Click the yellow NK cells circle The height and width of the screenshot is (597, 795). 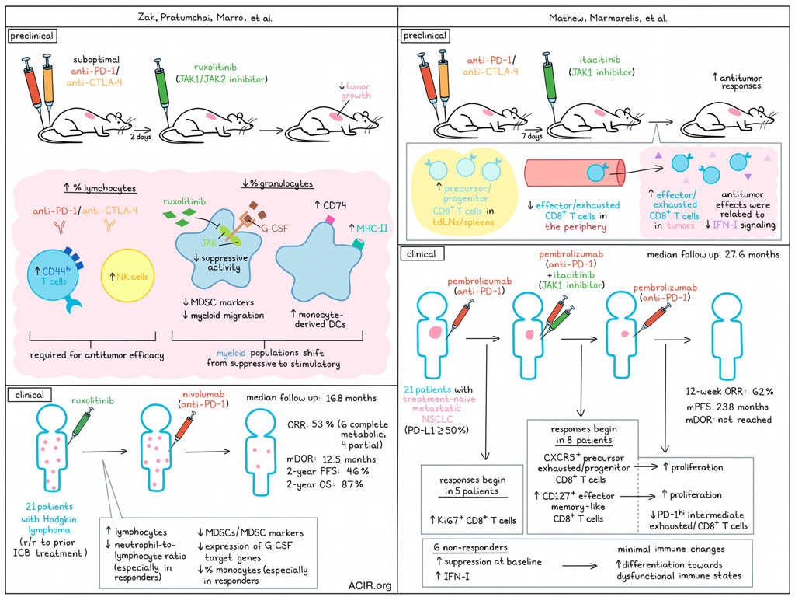(x=128, y=276)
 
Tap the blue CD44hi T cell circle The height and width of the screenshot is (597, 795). (x=54, y=278)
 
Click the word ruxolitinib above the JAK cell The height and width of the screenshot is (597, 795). (x=185, y=201)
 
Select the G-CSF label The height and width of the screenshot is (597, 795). (x=274, y=229)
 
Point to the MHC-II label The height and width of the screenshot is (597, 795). (x=372, y=229)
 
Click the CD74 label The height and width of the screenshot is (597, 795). (x=331, y=205)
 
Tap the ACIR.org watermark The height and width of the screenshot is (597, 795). (x=370, y=585)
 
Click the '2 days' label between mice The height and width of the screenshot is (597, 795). (x=141, y=137)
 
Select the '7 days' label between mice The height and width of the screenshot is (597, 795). (x=532, y=136)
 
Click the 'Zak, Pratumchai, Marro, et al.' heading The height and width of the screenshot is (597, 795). (x=205, y=18)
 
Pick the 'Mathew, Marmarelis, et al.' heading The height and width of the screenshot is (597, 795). (x=608, y=19)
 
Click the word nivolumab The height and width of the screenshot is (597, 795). (x=203, y=394)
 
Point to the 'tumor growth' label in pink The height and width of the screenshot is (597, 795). (x=356, y=91)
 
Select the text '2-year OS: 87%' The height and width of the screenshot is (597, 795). (x=325, y=484)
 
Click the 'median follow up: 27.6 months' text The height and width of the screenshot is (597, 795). (x=713, y=254)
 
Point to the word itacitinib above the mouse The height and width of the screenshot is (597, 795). (x=600, y=60)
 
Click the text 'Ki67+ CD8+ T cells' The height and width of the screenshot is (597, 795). (x=473, y=520)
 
